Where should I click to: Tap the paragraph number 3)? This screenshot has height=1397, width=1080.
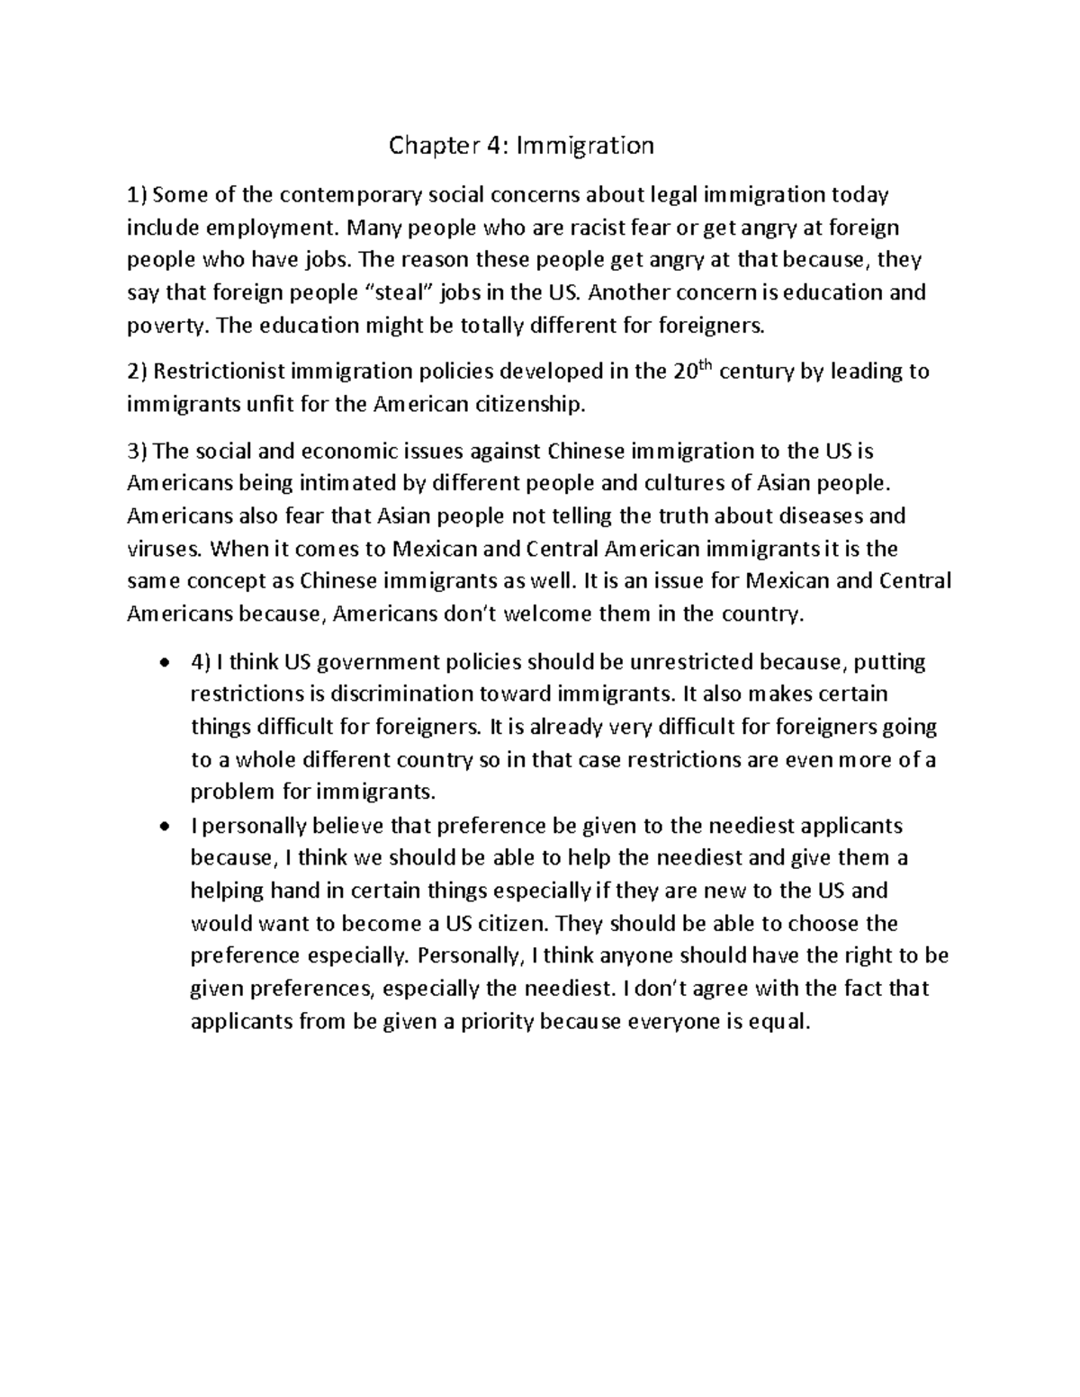click(x=141, y=451)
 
